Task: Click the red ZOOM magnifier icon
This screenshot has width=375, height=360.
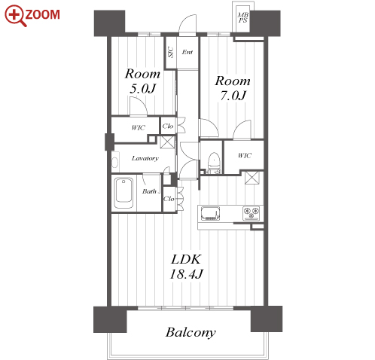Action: [x=15, y=16]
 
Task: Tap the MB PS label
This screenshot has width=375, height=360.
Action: [x=243, y=18]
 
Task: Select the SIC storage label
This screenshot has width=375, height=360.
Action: [x=171, y=52]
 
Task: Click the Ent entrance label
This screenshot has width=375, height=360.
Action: [x=187, y=52]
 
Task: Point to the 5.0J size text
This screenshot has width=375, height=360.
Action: [x=143, y=88]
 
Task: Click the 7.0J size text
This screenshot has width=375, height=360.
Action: [x=233, y=96]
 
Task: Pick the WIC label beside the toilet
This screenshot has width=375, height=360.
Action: [x=245, y=156]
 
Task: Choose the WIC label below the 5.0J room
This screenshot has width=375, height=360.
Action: [x=139, y=128]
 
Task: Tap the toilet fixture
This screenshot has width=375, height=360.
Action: [x=214, y=161]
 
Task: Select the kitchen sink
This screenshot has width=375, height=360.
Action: [x=210, y=213]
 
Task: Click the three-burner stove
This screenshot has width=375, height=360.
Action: [x=251, y=213]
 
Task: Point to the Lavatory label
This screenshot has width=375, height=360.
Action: [x=145, y=158]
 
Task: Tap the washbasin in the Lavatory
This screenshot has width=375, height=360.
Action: [x=114, y=163]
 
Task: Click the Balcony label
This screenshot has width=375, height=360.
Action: [x=191, y=332]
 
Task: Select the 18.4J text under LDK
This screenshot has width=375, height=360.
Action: [x=186, y=274]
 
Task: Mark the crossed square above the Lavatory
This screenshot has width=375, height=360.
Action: [x=167, y=142]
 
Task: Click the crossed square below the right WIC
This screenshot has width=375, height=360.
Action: [x=252, y=178]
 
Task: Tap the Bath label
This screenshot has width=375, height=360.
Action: [x=149, y=191]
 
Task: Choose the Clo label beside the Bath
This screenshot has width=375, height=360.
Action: [x=169, y=199]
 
